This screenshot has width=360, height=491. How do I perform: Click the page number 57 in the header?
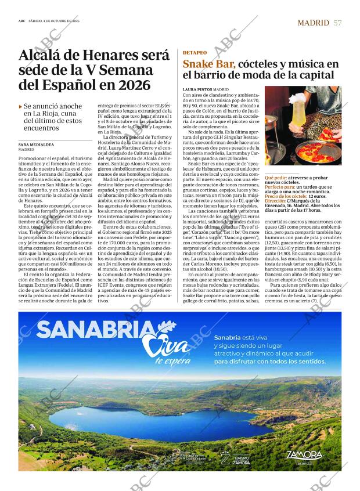coord(337,23)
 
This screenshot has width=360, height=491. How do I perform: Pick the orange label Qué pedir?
coord(275,177)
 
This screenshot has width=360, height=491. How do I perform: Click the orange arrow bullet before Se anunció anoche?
coord(20,106)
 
